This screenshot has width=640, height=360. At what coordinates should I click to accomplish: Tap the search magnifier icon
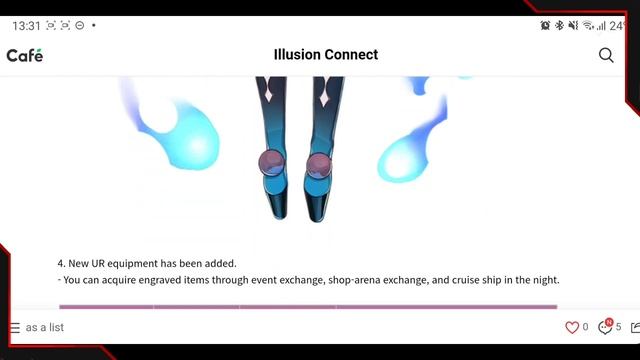606,55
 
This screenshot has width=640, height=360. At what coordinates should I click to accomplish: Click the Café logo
25,55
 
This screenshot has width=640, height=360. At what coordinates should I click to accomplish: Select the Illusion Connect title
326,55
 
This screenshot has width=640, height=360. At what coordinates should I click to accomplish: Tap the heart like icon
572,327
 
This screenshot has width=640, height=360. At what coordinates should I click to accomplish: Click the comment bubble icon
604,327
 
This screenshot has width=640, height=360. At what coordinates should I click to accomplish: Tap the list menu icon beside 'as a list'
14,328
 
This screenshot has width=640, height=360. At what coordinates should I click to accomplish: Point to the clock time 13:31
26,25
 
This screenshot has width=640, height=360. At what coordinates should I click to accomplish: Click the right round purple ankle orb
319,163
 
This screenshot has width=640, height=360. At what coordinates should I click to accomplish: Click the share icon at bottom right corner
635,327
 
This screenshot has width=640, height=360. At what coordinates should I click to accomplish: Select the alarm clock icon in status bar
545,25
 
